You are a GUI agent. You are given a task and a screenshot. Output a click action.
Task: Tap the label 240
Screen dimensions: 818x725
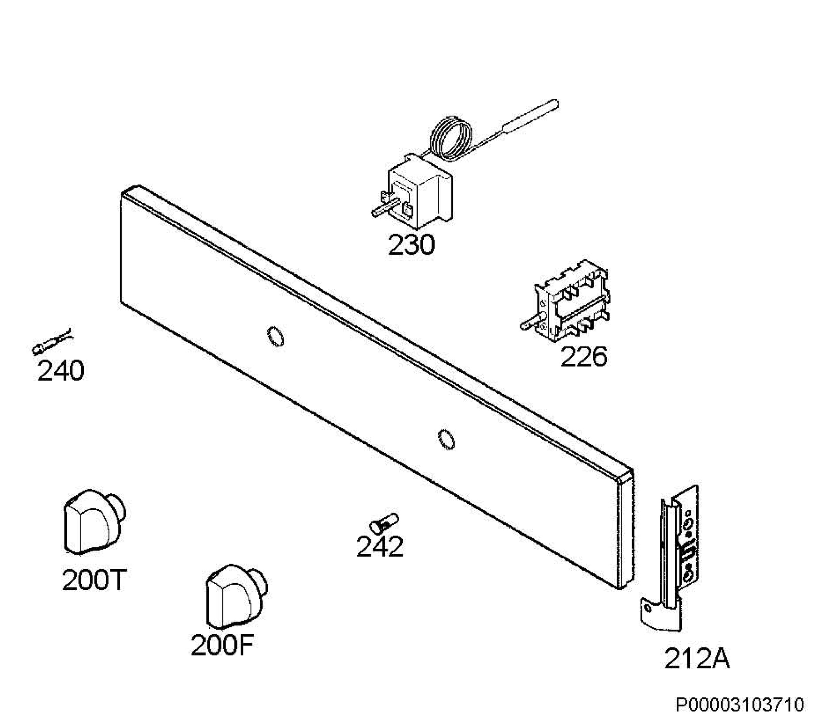[61, 371]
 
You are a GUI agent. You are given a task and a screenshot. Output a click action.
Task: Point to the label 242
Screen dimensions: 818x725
[380, 547]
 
